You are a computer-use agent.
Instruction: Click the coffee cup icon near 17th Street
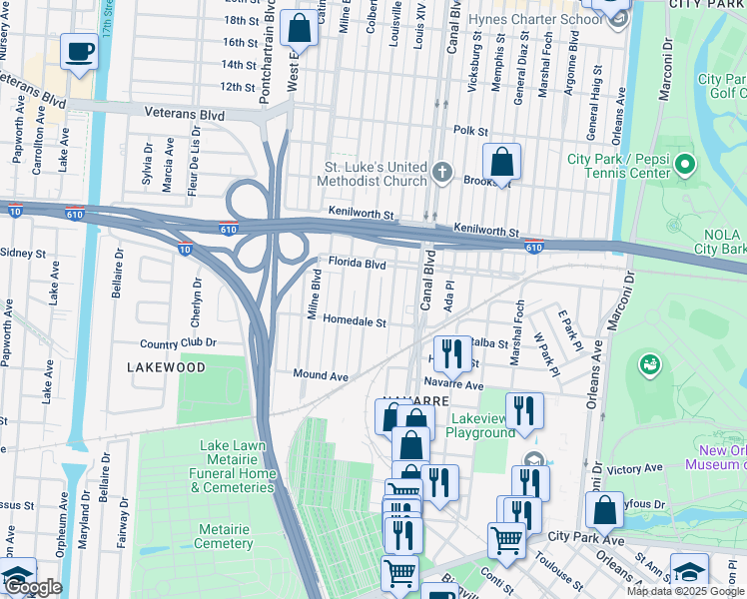click(79, 51)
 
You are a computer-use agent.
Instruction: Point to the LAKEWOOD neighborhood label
click(167, 367)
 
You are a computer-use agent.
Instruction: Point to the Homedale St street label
click(354, 322)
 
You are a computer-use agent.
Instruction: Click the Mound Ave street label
click(321, 375)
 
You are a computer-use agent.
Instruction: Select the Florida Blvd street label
click(358, 265)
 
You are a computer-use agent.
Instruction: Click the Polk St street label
click(470, 131)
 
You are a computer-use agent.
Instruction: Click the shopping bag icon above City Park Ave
click(605, 510)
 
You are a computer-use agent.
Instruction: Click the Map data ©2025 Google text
click(684, 591)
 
